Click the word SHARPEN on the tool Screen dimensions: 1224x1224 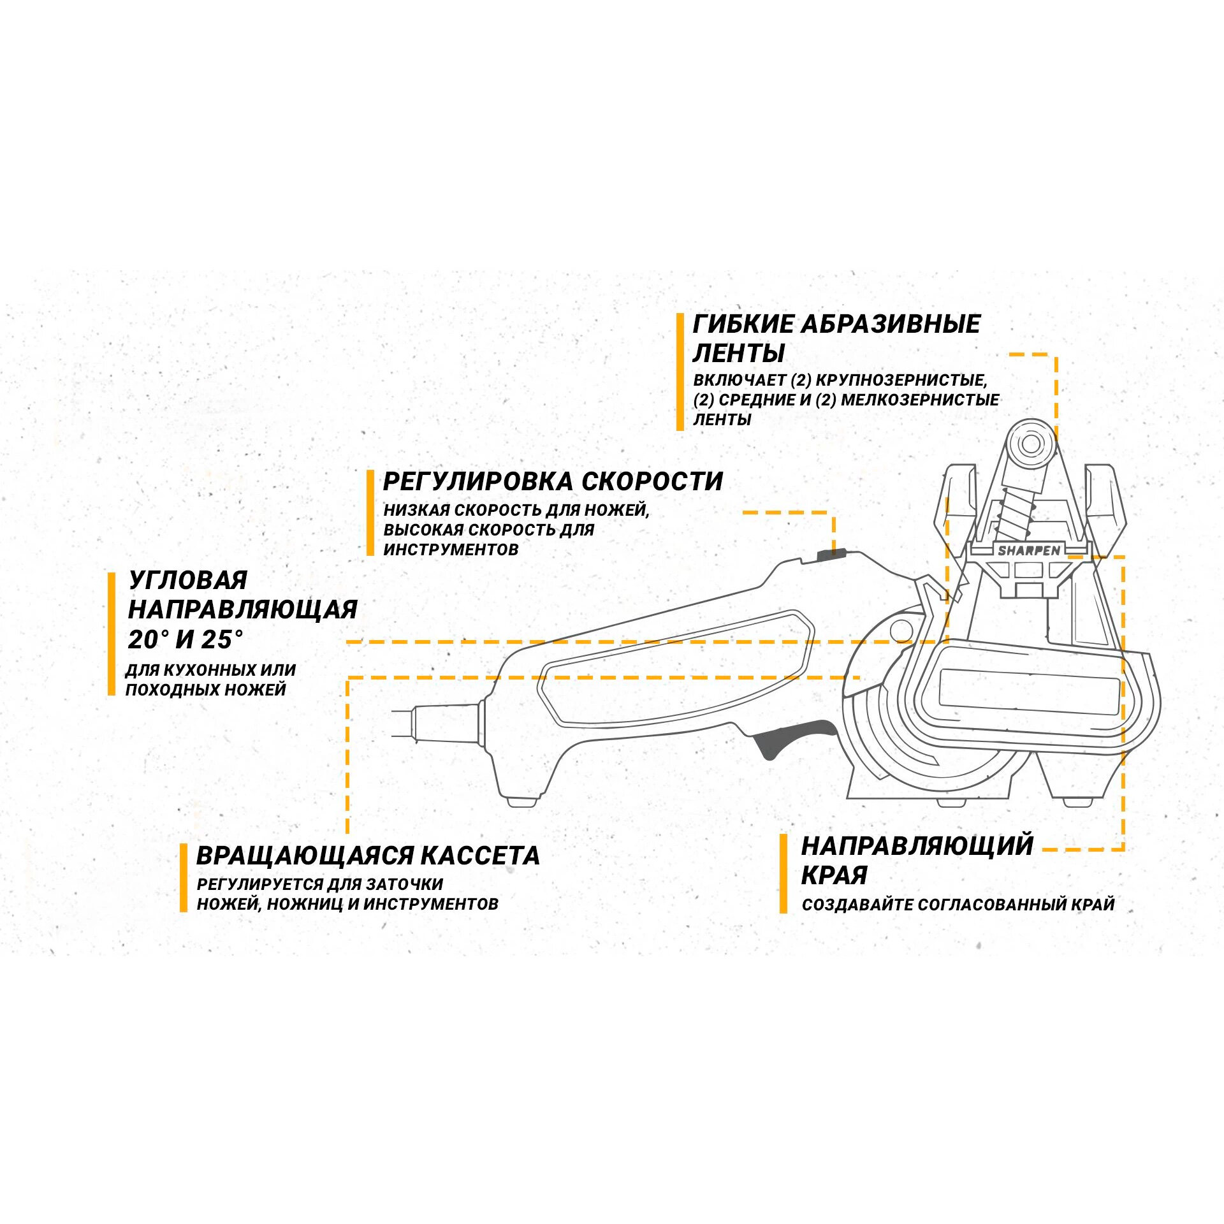[x=1029, y=550]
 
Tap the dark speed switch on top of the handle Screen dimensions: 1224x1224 [x=831, y=553]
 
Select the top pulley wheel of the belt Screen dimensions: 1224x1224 [x=1030, y=444]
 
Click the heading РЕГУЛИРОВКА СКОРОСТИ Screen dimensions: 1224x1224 [x=553, y=481]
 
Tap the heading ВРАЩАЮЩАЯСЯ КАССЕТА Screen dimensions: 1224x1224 [x=368, y=856]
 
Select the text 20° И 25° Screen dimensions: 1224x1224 [x=186, y=639]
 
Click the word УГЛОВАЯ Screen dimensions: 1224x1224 [x=188, y=580]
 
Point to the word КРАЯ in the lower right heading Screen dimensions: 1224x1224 [x=834, y=875]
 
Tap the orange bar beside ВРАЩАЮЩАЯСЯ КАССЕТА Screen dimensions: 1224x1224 [x=184, y=877]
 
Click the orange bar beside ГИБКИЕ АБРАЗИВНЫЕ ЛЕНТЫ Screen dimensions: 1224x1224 [x=680, y=371]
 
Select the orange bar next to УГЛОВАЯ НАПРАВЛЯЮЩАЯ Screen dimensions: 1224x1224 [x=112, y=633]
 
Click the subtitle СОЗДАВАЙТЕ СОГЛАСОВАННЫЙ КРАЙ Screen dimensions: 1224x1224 [x=958, y=905]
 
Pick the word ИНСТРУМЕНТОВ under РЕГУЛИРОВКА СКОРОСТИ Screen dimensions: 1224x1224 [x=451, y=550]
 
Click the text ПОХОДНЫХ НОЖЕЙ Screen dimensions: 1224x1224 [x=205, y=690]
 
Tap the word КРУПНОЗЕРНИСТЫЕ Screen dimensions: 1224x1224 [x=901, y=381]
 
